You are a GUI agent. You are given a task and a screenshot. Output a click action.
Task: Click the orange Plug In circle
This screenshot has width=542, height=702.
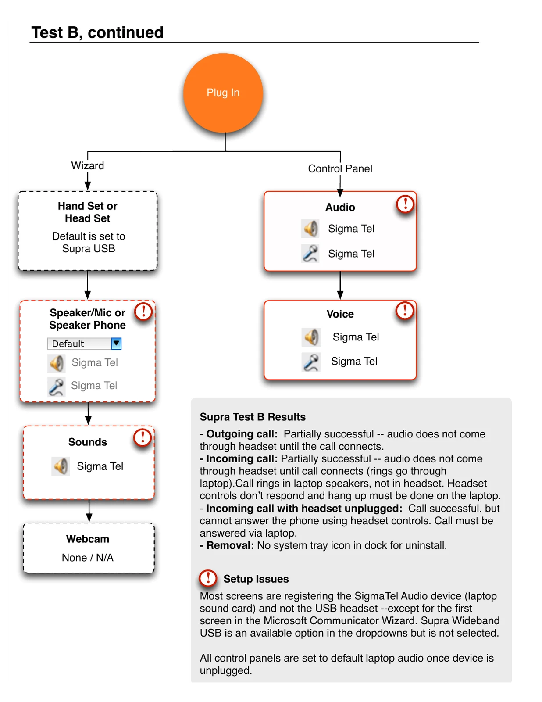pos(223,93)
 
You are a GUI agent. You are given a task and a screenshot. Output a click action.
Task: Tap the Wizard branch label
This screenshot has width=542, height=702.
pos(87,165)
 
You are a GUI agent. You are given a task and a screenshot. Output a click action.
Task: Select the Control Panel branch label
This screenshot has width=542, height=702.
pos(340,168)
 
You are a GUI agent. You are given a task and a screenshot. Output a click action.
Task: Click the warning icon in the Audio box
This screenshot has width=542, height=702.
pos(405,204)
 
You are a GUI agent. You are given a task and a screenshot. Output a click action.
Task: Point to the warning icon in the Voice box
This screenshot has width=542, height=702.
pos(404,311)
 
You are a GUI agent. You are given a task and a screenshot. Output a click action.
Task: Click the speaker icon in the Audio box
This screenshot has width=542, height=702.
pos(310,229)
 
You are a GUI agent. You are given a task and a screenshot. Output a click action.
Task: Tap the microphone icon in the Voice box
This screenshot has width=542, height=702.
pos(311,362)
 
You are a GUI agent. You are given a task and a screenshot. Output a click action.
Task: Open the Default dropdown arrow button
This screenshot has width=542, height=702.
pos(116,344)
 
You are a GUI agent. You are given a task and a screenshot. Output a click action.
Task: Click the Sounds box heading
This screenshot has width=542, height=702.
pos(87,442)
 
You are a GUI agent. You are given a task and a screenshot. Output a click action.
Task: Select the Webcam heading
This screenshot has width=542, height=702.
pos(87,538)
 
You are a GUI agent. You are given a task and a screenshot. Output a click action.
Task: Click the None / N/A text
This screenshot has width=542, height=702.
pos(87,557)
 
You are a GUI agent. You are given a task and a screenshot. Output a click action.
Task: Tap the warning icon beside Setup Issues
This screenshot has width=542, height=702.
pos(208,578)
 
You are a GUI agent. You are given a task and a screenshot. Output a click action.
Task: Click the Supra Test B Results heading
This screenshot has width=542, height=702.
pos(253,417)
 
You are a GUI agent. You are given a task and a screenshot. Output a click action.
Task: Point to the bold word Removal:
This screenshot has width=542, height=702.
pos(230,545)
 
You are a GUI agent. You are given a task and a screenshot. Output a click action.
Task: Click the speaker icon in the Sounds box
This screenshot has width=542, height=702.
pos(61,466)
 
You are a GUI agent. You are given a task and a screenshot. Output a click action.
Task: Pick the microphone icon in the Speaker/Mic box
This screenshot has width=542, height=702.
pos(57,387)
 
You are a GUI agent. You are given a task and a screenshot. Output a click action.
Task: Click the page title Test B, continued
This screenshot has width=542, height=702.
pos(97,32)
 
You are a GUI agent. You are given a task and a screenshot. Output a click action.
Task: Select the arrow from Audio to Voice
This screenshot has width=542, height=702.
pos(340,285)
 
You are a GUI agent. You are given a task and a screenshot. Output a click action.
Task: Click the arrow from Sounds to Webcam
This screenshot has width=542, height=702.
pos(89,511)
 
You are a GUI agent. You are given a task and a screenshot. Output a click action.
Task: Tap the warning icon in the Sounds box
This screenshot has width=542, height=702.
pos(143,438)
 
